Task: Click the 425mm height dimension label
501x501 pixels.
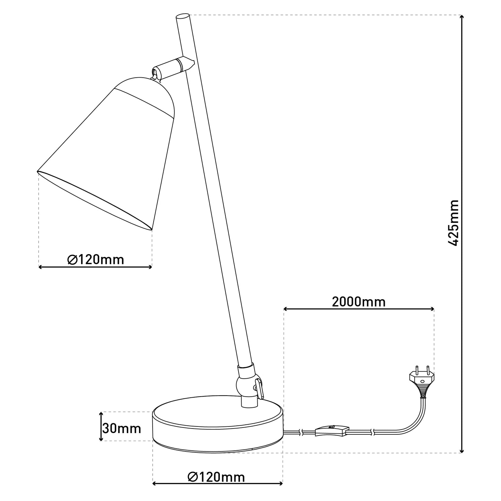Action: point(454,223)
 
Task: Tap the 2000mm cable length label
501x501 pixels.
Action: point(359,302)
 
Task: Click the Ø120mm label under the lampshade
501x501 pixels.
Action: point(96,260)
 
